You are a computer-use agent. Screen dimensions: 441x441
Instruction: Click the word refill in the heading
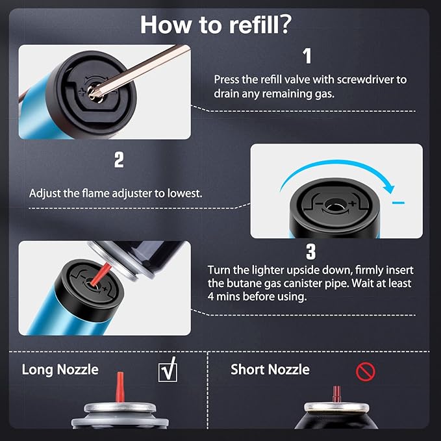253,25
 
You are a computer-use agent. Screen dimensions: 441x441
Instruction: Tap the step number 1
307,56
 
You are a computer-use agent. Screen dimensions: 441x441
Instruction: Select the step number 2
119,160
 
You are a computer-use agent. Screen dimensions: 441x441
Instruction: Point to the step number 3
311,251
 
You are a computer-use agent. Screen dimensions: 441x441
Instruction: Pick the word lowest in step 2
185,193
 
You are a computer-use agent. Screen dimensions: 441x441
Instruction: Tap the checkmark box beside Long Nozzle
168,370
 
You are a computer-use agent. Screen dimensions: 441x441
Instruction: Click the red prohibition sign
366,372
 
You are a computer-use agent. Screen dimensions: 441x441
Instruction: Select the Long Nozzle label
60,370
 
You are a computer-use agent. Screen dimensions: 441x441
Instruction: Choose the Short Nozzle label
270,370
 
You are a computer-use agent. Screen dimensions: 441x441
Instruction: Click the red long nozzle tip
120,386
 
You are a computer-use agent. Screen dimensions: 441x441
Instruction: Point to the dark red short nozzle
336,394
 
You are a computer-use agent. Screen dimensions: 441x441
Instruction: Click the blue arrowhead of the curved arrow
390,188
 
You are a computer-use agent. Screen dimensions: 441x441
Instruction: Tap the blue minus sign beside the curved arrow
399,203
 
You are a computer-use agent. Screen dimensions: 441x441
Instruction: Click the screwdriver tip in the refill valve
95,92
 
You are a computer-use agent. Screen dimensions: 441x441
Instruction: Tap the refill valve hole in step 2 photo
334,205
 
